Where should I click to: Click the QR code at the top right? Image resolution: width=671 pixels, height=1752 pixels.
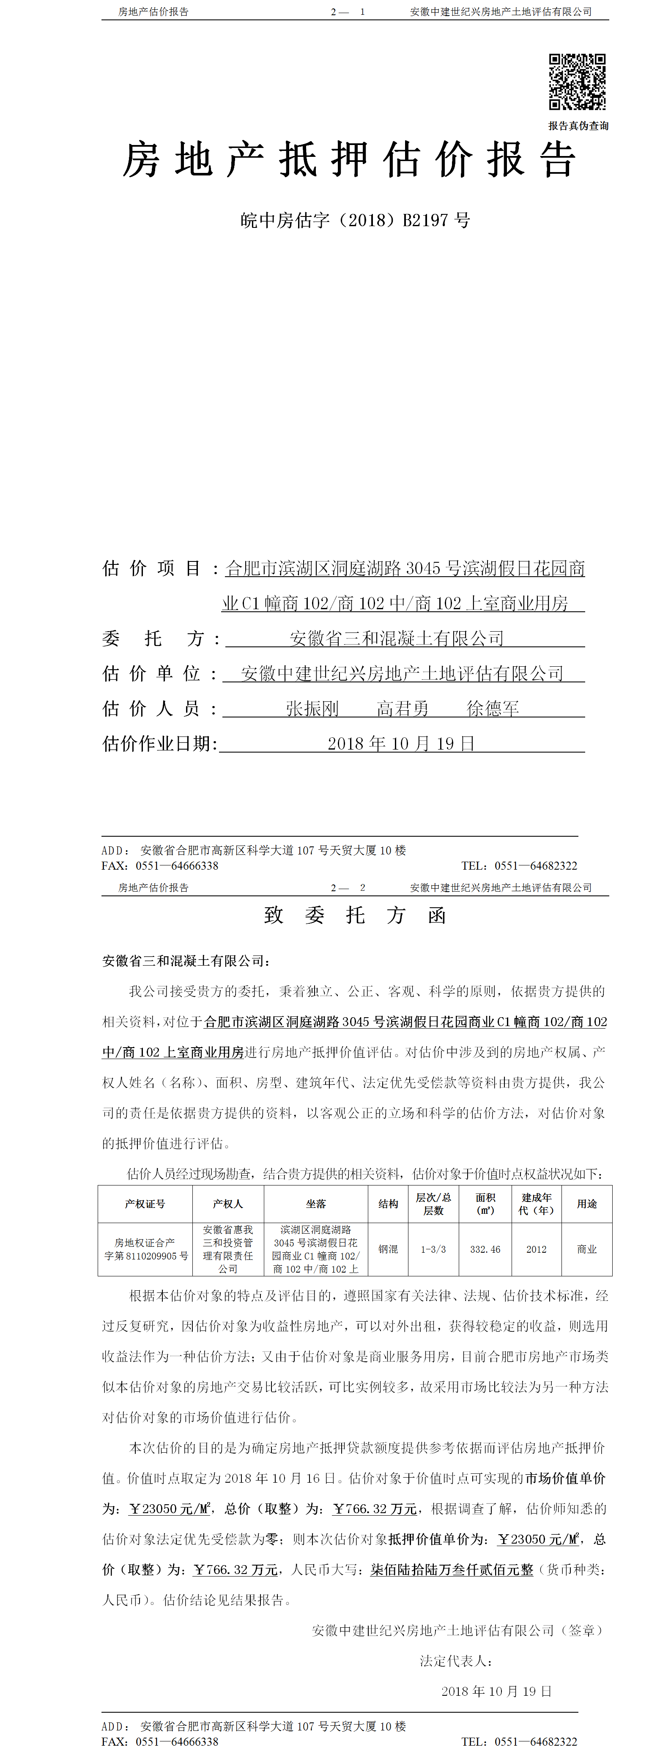pyautogui.click(x=577, y=82)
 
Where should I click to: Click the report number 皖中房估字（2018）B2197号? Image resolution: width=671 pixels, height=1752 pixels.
pyautogui.click(x=355, y=220)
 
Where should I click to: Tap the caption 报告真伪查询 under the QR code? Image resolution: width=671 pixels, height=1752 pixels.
pyautogui.click(x=578, y=126)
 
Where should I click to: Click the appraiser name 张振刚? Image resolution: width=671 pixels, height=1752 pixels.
pyautogui.click(x=312, y=709)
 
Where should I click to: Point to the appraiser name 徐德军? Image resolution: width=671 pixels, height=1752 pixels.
pyautogui.click(x=493, y=709)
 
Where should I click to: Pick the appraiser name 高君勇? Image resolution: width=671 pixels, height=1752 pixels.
pyautogui.click(x=403, y=709)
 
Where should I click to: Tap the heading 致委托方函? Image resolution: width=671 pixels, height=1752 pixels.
pyautogui.click(x=355, y=915)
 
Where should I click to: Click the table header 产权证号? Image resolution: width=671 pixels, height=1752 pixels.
pyautogui.click(x=145, y=1204)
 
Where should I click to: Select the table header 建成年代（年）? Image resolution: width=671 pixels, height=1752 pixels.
pyautogui.click(x=537, y=1204)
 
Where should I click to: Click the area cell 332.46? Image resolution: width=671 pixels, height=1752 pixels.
pyautogui.click(x=485, y=1249)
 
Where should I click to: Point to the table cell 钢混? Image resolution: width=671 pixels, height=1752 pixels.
pyautogui.click(x=388, y=1249)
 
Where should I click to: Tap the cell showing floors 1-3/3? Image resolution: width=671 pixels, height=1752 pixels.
pyautogui.click(x=433, y=1249)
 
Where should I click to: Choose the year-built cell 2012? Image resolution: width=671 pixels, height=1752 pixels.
pyautogui.click(x=537, y=1249)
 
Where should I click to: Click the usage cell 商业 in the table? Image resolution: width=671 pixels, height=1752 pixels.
pyautogui.click(x=587, y=1249)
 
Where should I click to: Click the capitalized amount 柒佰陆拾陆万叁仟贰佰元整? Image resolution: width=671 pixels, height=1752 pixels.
pyautogui.click(x=452, y=1570)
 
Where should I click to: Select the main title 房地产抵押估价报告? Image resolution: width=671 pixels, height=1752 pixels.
pyautogui.click(x=349, y=161)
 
